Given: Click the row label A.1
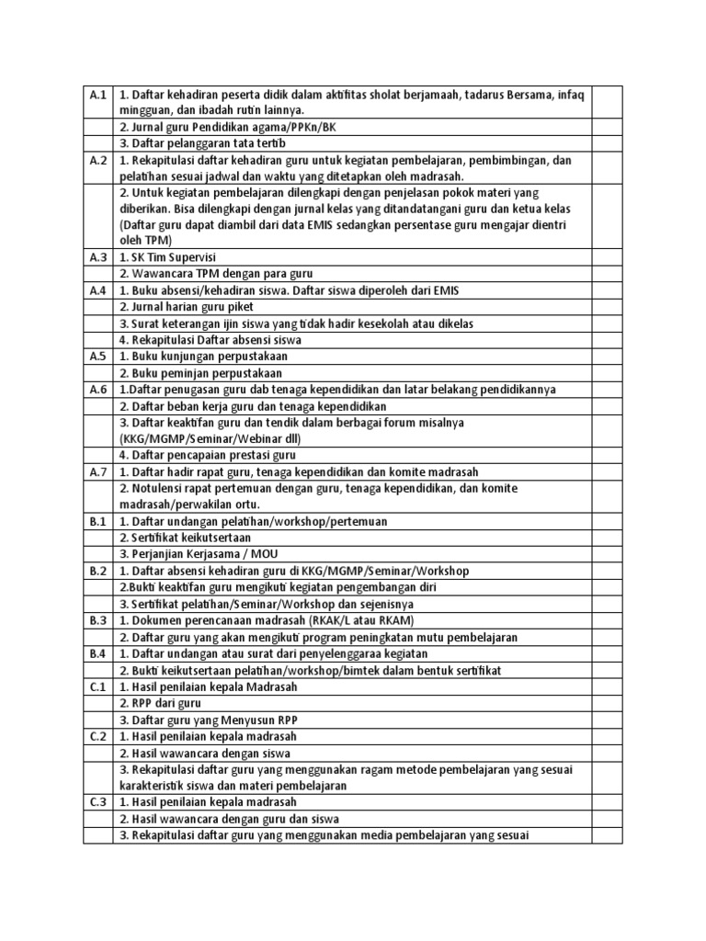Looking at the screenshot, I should pyautogui.click(x=98, y=95).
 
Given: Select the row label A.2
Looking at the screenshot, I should pyautogui.click(x=98, y=160).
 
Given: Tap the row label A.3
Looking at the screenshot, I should pyautogui.click(x=98, y=257).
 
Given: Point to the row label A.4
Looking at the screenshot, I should pyautogui.click(x=98, y=290).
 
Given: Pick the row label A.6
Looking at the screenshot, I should pyautogui.click(x=98, y=390).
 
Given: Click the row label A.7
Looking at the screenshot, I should pyautogui.click(x=98, y=472).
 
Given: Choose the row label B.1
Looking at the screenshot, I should pyautogui.click(x=98, y=521).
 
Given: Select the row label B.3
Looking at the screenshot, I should pyautogui.click(x=98, y=620).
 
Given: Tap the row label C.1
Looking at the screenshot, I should pyautogui.click(x=98, y=686).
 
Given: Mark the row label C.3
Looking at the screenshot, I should pyautogui.click(x=98, y=802).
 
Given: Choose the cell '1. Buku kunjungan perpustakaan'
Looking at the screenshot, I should pyautogui.click(x=203, y=357).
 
